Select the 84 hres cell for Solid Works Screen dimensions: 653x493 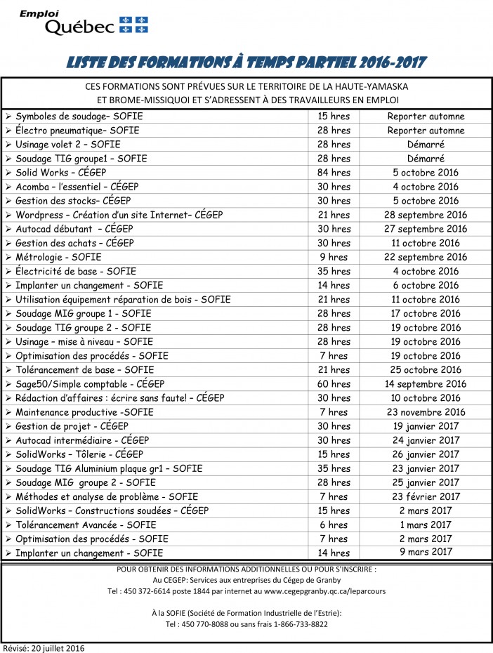(334, 173)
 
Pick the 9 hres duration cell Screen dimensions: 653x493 (334, 257)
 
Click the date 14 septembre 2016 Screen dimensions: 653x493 (426, 384)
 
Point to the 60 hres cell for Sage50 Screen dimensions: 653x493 (334, 384)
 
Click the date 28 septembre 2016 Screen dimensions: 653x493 (426, 215)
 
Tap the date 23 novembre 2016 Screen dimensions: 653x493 (426, 412)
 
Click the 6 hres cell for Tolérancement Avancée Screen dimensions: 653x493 (334, 525)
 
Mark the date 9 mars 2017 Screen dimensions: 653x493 (426, 552)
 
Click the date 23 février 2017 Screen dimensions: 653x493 (426, 496)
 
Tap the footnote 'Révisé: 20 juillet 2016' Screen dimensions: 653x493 (44, 647)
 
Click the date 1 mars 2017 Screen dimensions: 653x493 (426, 525)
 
